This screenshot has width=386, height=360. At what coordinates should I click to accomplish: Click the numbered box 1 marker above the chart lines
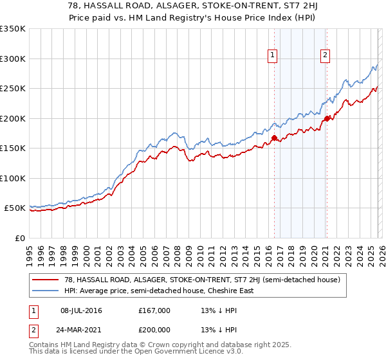click(273, 56)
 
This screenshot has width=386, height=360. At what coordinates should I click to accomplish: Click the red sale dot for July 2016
click(274, 138)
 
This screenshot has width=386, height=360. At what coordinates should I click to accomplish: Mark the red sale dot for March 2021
click(327, 118)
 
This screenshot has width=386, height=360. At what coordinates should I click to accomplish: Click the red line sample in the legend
click(46, 279)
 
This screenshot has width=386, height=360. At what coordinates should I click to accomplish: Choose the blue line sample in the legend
click(46, 291)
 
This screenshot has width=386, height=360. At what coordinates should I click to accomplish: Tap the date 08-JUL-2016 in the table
click(81, 310)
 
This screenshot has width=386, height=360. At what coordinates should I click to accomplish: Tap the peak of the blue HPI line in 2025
click(376, 66)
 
